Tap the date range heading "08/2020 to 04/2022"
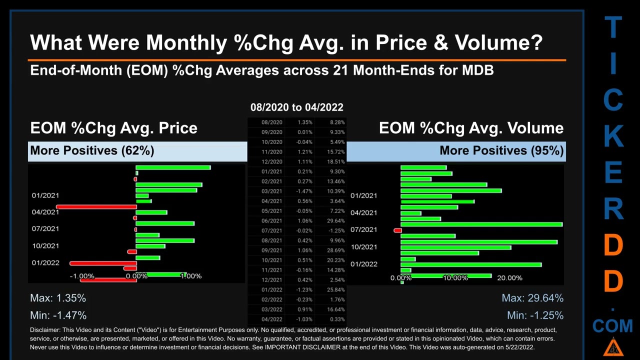296,107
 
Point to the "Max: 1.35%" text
58,298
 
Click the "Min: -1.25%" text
535,315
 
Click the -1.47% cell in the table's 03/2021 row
304,191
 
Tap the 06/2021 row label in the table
272,221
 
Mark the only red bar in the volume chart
397,230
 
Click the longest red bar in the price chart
96,206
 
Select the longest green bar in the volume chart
481,224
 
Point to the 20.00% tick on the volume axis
509,278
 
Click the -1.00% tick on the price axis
82,276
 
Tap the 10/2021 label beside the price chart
45,246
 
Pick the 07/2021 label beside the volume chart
363,229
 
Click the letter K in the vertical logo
613,136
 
